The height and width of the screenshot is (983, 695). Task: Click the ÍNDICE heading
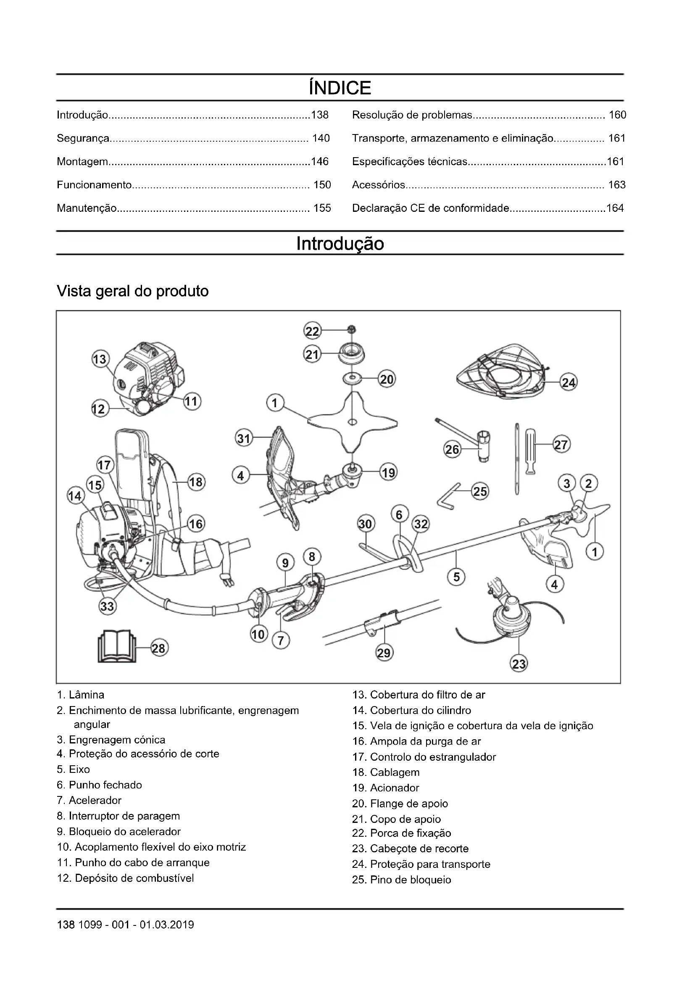point(340,88)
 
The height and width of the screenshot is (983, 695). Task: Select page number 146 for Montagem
point(320,161)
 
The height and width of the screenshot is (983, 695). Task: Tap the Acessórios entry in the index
point(378,185)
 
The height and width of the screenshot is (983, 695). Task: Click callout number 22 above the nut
point(312,331)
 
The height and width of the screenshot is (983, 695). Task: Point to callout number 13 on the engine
point(100,359)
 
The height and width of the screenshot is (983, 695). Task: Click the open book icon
point(117,646)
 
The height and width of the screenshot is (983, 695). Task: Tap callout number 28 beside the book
point(158,648)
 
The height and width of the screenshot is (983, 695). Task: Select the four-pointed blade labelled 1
point(352,422)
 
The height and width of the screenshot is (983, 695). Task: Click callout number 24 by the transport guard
point(569,382)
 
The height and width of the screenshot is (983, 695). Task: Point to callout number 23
point(519,664)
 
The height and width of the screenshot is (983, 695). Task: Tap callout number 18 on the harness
point(196,482)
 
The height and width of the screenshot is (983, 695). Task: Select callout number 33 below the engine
point(107,606)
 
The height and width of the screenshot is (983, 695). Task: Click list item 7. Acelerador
point(89,800)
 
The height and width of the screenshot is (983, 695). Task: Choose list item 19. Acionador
point(386,788)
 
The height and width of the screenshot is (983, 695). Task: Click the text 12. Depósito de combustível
point(125,878)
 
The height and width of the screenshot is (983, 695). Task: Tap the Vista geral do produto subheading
point(133,291)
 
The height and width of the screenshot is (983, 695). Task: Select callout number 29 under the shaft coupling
point(384,653)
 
